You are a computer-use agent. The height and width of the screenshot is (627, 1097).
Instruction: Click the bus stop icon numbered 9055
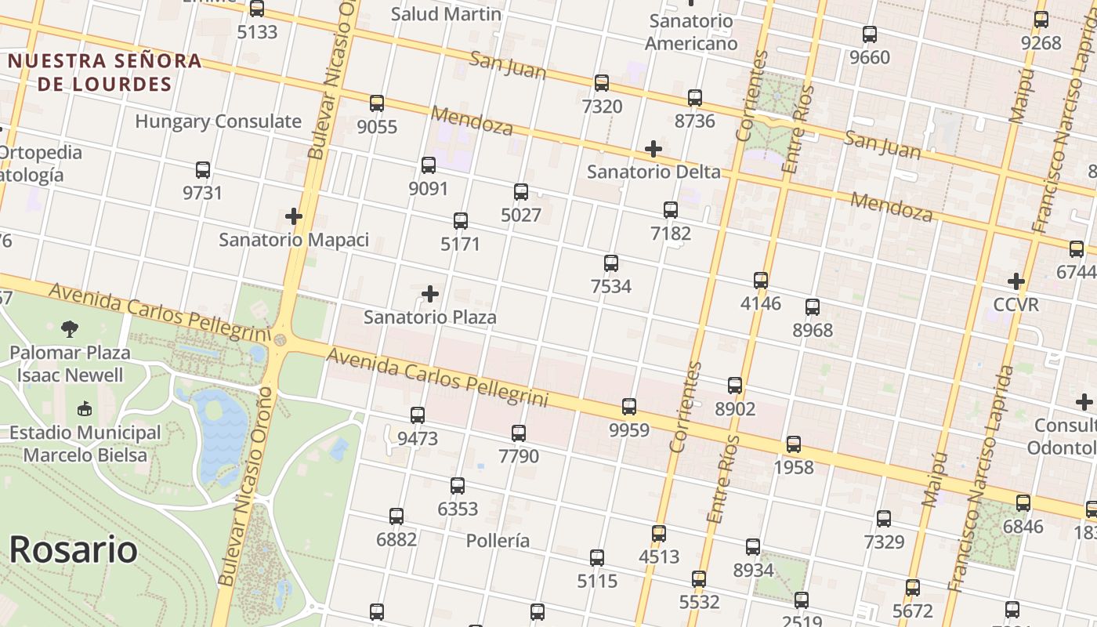pyautogui.click(x=377, y=103)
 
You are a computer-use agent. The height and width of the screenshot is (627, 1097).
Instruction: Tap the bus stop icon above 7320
pyautogui.click(x=602, y=82)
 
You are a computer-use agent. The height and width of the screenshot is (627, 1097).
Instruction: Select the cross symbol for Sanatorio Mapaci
pyautogui.click(x=294, y=216)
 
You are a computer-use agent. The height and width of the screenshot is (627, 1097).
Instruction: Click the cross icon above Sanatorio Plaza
pyautogui.click(x=430, y=294)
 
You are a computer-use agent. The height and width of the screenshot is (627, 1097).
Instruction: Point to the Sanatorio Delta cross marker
pyautogui.click(x=653, y=148)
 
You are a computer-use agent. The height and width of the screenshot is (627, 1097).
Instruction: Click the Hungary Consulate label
pyautogui.click(x=218, y=121)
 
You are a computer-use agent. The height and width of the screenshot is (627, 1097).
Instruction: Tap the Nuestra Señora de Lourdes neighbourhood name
pyautogui.click(x=105, y=72)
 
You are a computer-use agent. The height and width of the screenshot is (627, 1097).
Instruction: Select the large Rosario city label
pyautogui.click(x=73, y=549)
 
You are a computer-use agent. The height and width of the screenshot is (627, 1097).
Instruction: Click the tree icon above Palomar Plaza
pyautogui.click(x=70, y=328)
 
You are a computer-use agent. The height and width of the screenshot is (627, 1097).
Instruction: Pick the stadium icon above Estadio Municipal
pyautogui.click(x=85, y=408)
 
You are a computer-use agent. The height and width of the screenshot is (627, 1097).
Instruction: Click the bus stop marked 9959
pyautogui.click(x=629, y=406)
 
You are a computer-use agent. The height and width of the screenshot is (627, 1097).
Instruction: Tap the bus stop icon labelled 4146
pyautogui.click(x=760, y=280)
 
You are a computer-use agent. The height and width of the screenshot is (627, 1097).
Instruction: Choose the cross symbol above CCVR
pyautogui.click(x=1016, y=281)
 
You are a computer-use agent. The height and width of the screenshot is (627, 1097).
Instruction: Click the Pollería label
pyautogui.click(x=498, y=541)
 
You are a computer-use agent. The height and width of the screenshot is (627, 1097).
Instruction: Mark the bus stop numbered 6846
pyautogui.click(x=1023, y=503)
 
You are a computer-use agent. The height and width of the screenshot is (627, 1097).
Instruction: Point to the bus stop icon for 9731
pyautogui.click(x=203, y=169)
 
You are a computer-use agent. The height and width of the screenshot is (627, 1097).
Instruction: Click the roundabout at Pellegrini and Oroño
pyautogui.click(x=280, y=339)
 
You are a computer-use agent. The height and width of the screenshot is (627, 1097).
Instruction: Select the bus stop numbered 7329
pyautogui.click(x=884, y=518)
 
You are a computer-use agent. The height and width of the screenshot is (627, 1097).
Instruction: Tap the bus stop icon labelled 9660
pyautogui.click(x=870, y=34)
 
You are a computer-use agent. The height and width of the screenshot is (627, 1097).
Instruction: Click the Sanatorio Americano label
pyautogui.click(x=691, y=31)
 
